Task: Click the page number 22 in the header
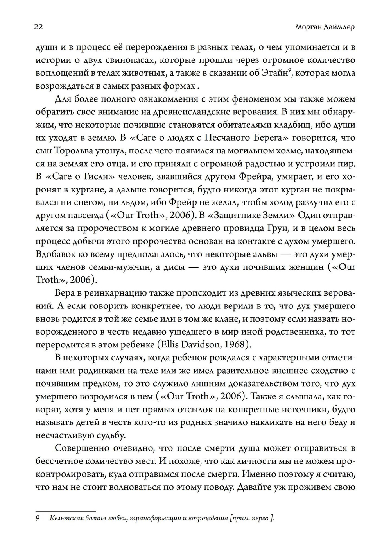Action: [38, 27]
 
